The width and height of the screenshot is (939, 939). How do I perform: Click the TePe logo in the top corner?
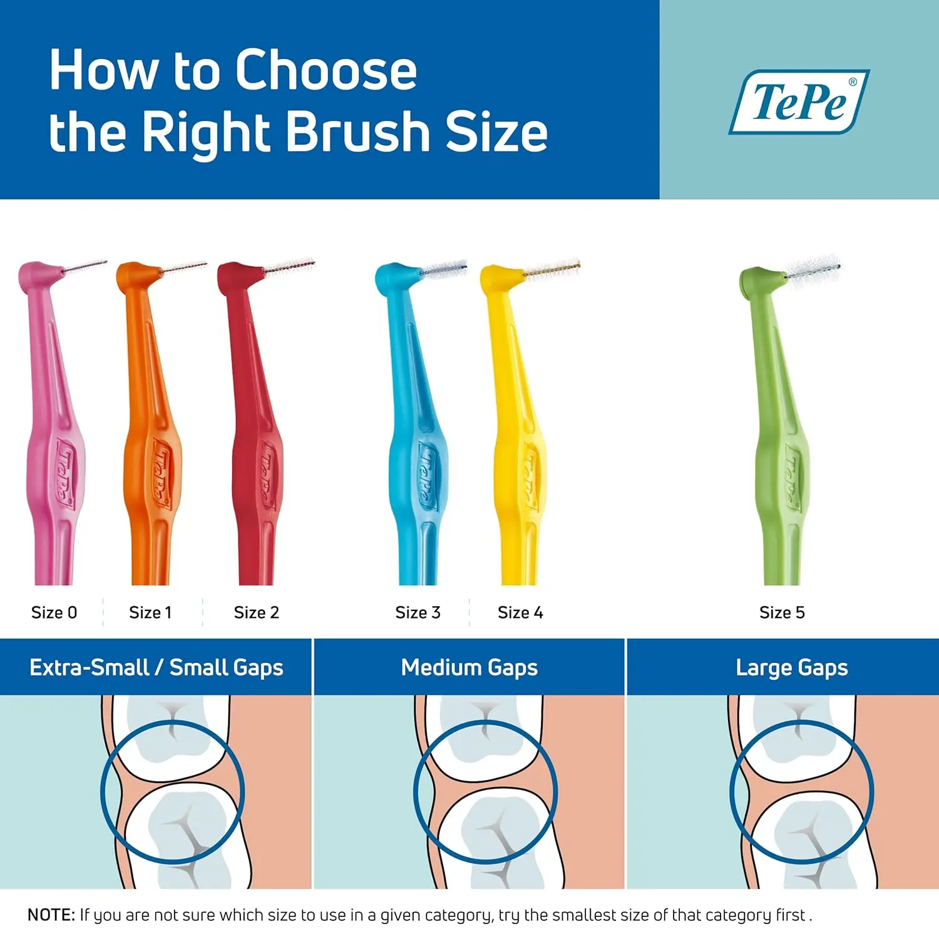coord(799,101)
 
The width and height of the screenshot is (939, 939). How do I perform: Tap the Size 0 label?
coord(54,612)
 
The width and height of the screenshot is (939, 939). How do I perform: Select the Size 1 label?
coord(150,612)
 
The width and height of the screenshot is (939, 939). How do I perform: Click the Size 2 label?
coord(256,612)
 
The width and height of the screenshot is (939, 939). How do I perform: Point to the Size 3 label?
coord(418,612)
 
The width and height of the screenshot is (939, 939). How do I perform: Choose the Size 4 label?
coord(520,612)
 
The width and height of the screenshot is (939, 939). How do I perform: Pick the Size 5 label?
coord(782,612)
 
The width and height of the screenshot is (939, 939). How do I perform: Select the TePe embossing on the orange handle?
coord(160,473)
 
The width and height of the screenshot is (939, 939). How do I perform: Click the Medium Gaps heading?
coord(469,667)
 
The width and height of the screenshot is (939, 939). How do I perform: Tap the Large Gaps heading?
coord(792,667)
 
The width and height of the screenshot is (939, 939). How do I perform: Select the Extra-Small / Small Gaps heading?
coord(156,667)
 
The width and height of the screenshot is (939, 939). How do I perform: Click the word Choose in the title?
coord(326,70)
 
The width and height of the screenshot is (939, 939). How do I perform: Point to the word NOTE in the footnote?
coord(51,915)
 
